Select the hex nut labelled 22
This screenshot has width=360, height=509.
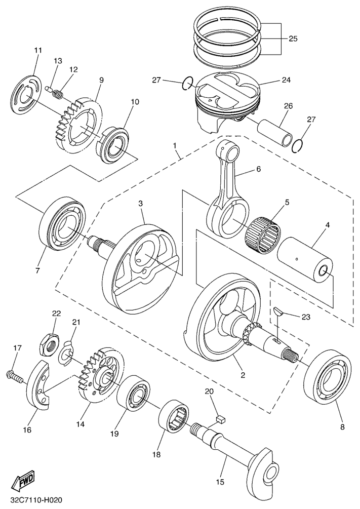tap(48, 344)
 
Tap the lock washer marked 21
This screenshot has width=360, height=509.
tap(67, 356)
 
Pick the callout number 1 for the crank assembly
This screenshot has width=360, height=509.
tap(175, 146)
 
